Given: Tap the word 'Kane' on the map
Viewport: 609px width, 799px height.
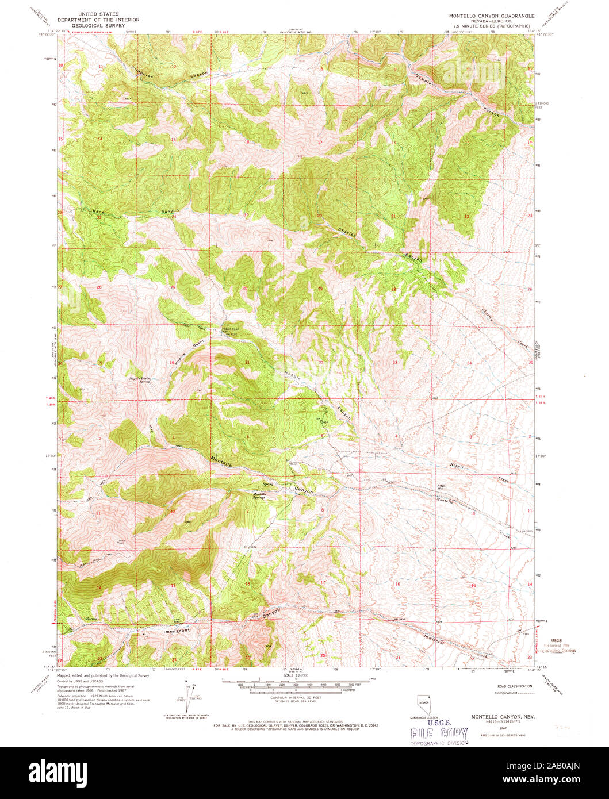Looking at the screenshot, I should click(x=98, y=212).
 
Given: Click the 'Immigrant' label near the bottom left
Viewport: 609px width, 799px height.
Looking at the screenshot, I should click(x=173, y=630).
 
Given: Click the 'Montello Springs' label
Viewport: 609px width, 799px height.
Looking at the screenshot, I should click(x=259, y=496).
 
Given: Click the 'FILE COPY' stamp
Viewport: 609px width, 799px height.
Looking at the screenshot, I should click(x=439, y=733).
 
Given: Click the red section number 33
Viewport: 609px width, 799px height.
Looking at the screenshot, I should click(x=395, y=362).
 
